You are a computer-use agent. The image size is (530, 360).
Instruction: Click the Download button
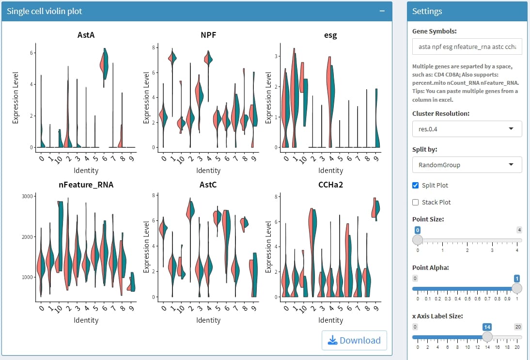click(354, 340)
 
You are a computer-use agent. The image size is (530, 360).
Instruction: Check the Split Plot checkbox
click(415, 185)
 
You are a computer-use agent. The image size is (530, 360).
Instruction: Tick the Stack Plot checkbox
click(415, 202)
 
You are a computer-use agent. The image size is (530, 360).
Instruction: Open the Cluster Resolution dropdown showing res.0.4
click(467, 129)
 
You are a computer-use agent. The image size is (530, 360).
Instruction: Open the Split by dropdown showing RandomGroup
click(467, 165)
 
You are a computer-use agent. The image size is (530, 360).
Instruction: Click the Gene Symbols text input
click(467, 47)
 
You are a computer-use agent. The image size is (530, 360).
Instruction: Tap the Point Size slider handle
click(418, 239)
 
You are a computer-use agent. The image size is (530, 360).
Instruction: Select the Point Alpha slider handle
click(517, 288)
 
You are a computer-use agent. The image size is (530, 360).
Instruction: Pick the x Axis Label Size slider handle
click(487, 337)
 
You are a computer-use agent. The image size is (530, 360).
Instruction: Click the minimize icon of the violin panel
click(382, 11)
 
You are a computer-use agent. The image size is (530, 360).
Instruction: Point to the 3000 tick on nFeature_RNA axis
click(27, 196)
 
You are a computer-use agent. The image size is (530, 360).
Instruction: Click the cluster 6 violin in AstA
click(105, 65)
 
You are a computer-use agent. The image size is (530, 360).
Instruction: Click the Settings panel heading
click(427, 11)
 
